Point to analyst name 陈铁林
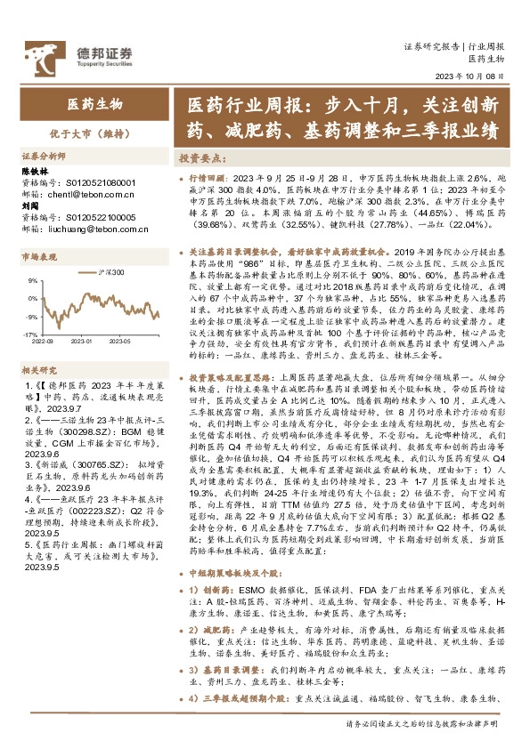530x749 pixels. tap(35, 170)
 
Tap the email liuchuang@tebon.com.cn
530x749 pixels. tap(93, 228)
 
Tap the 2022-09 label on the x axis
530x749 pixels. tap(42, 341)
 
